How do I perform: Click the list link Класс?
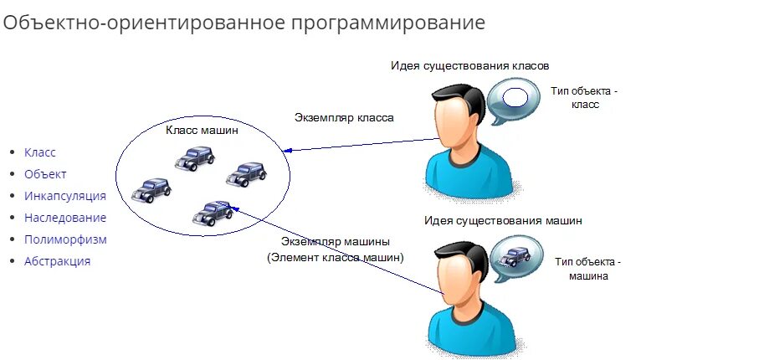coord(40,152)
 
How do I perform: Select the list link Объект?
coord(45,174)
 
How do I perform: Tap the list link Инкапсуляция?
coord(65,196)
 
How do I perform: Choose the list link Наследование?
coord(65,218)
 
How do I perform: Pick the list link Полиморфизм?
coord(65,239)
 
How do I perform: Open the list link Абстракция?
coord(57,261)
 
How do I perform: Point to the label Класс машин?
coord(202,131)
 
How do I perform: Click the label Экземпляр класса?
coord(344,118)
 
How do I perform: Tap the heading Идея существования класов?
coord(469,65)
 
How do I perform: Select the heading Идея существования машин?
coord(502,221)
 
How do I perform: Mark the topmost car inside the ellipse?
coord(195,157)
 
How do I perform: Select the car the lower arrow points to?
coord(213,213)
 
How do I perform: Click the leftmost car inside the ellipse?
coord(151,190)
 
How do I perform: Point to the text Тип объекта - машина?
coord(588,269)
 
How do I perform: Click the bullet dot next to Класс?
coord(12,152)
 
